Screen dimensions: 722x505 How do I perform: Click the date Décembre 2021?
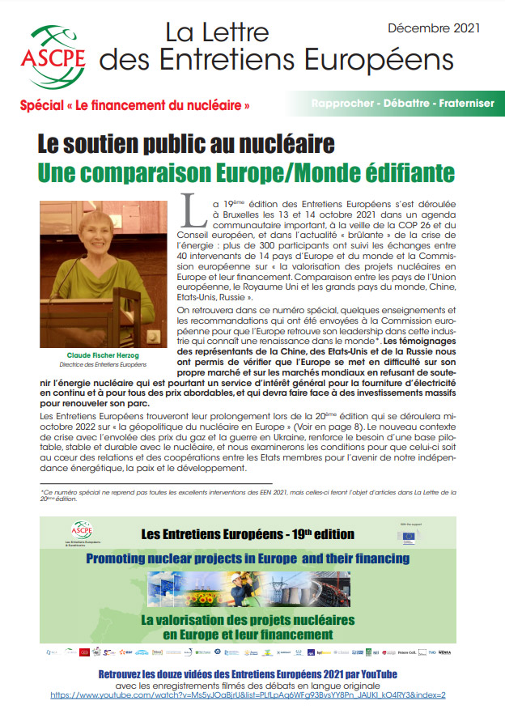[434, 28]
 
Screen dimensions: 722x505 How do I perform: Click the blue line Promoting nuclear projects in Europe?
[248, 558]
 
